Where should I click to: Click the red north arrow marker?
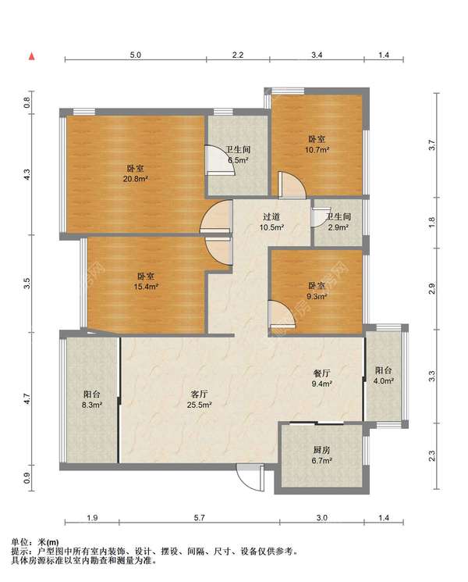coord(32,56)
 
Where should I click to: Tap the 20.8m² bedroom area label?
coord(136,173)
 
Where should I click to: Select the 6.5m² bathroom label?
coord(238,155)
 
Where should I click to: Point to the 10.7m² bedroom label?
coord(317,145)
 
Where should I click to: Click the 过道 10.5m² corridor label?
coord(271,222)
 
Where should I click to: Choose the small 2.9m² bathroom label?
coord(338,222)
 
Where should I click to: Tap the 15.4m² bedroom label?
coord(146,281)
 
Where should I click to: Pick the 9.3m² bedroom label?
coord(317,291)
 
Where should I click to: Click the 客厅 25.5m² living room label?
coord(199,399)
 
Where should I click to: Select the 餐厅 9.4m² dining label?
coord(321,378)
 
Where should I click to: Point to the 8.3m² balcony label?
coord(91,399)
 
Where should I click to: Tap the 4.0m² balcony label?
coord(383,375)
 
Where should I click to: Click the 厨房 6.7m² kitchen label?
coord(321,455)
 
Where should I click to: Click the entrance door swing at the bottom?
coord(251,477)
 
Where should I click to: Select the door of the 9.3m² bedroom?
coord(282,315)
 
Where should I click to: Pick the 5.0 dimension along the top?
coord(135,55)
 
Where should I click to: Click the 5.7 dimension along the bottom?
coord(199,517)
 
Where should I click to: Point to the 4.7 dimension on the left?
coord(27,399)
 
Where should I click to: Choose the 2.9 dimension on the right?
coord(431,288)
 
